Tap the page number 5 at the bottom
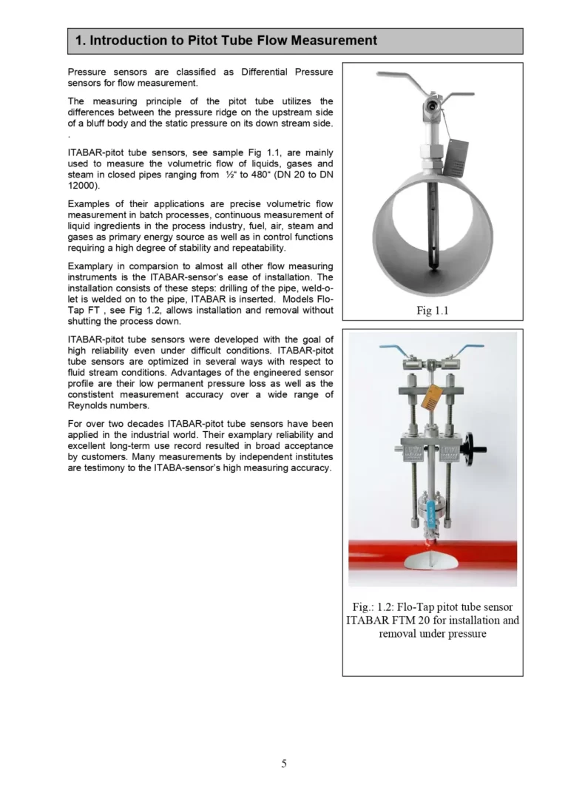[284, 763]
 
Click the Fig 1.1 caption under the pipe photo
[432, 311]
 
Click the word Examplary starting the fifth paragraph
[92, 266]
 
